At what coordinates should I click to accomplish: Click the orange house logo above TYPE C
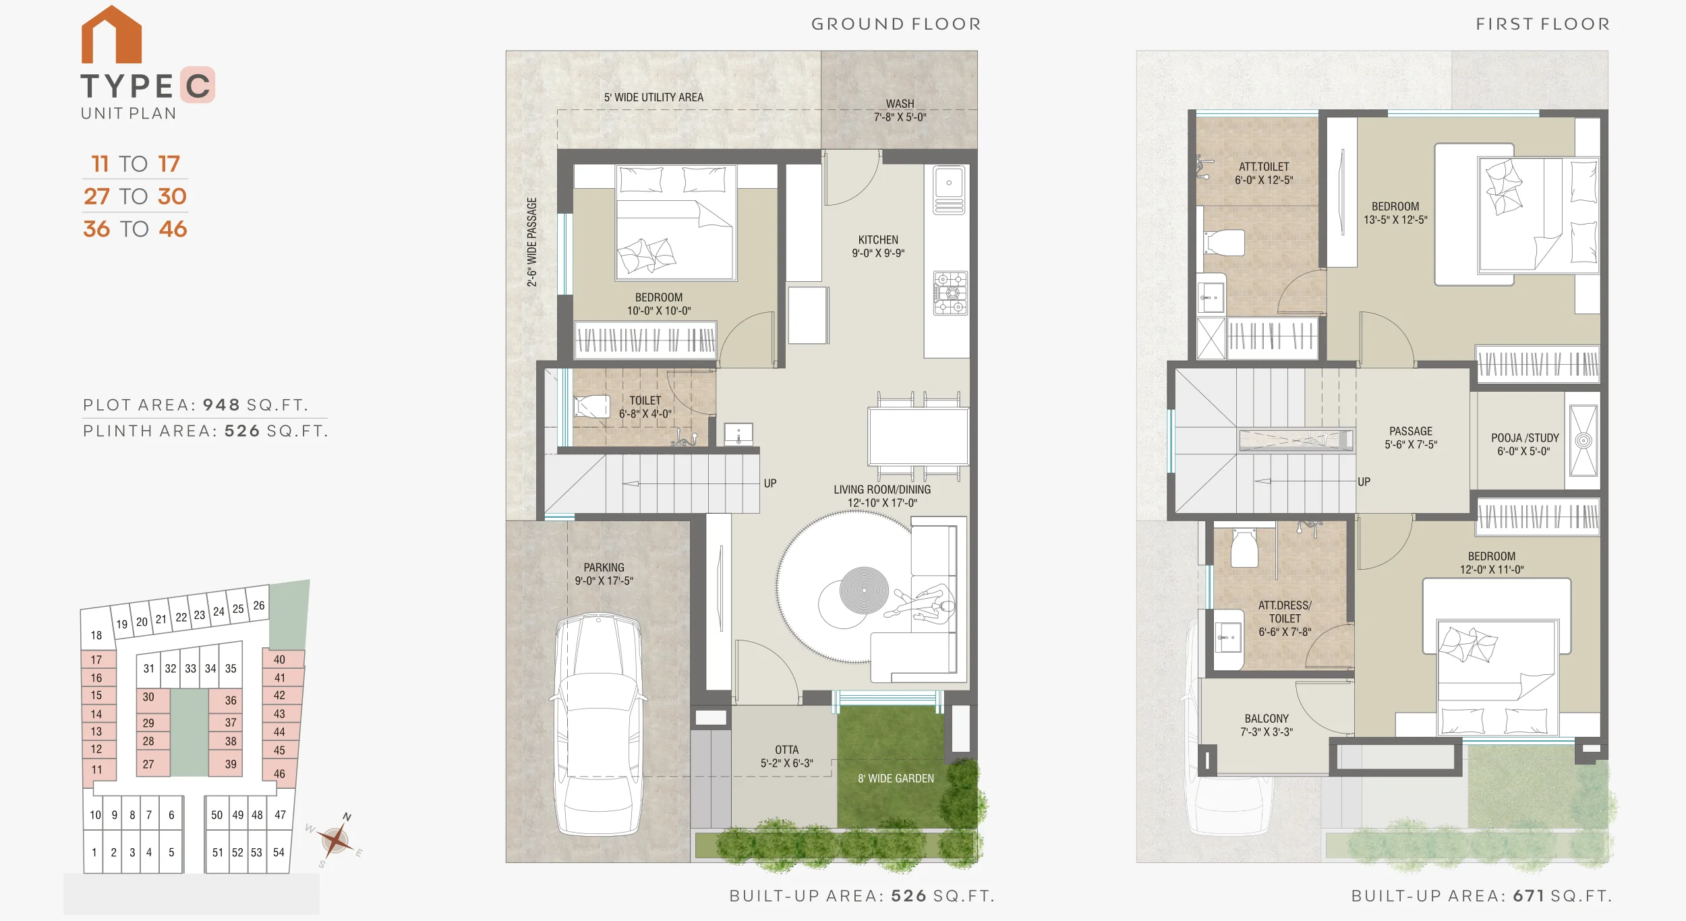[x=111, y=34]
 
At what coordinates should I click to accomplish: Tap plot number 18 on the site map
[x=96, y=635]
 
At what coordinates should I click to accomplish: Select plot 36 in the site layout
[x=231, y=701]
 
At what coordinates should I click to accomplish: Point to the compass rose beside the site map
[x=335, y=840]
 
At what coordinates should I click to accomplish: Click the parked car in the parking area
[x=599, y=723]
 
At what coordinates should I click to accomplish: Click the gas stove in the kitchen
[x=950, y=293]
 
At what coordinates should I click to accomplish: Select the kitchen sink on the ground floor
[x=949, y=190]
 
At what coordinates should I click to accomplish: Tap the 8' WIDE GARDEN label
[x=896, y=778]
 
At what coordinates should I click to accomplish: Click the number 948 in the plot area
[x=222, y=405]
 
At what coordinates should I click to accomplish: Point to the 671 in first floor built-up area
[x=1528, y=895]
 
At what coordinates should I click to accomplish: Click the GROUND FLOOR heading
[x=896, y=24]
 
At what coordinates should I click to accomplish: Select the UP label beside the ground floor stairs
[x=770, y=483]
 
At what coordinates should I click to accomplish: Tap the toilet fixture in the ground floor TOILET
[x=591, y=406]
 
